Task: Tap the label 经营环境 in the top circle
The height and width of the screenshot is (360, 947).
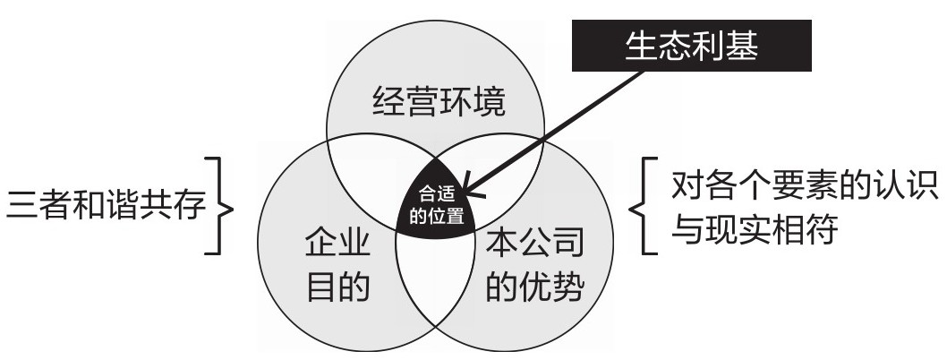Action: [439, 105]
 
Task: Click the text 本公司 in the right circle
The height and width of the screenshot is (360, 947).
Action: [534, 244]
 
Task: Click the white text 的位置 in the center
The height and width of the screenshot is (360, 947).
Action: [436, 216]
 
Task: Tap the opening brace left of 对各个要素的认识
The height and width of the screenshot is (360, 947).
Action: [646, 207]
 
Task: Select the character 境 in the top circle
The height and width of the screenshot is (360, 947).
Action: [489, 105]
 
